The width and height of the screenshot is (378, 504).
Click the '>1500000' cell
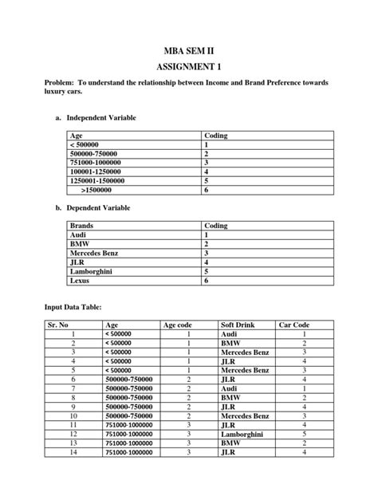(x=96, y=191)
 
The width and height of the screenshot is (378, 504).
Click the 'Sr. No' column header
(x=57, y=325)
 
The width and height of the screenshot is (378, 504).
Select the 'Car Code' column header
(x=293, y=325)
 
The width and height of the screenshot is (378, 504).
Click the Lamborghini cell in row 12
(x=245, y=434)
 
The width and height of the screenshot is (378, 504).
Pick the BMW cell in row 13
(x=231, y=443)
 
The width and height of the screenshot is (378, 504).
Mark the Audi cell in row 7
(x=231, y=388)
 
